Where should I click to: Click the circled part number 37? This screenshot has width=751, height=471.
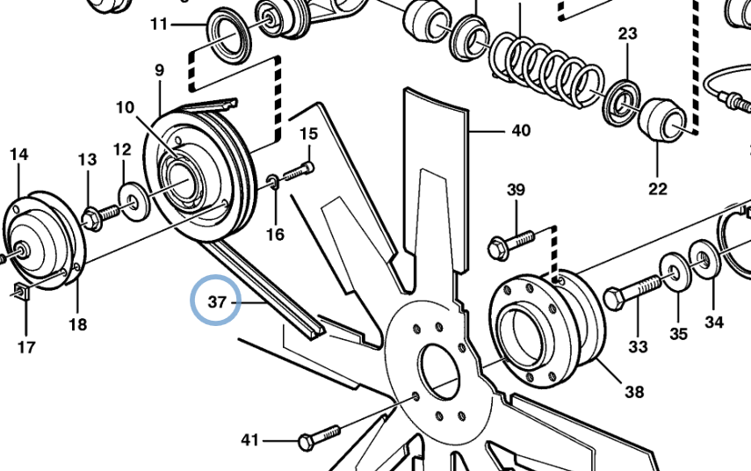tap(217, 302)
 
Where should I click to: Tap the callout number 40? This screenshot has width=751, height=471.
tap(521, 130)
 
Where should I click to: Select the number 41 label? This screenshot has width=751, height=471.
tap(249, 440)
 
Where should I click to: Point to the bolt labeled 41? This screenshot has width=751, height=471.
tap(320, 437)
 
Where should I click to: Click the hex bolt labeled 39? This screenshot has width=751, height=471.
tap(510, 243)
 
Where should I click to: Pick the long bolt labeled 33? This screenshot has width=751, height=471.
tap(632, 290)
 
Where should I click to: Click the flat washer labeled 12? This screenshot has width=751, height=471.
tap(134, 202)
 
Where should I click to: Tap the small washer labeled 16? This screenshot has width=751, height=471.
tap(272, 181)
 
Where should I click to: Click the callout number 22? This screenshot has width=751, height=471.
tap(658, 189)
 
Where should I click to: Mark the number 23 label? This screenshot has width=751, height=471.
tap(627, 33)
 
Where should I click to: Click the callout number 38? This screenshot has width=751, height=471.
tap(634, 392)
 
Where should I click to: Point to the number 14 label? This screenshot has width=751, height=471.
tap(18, 155)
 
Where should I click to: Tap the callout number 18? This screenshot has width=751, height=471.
tap(77, 324)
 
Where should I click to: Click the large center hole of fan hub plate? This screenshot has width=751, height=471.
tap(438, 372)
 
